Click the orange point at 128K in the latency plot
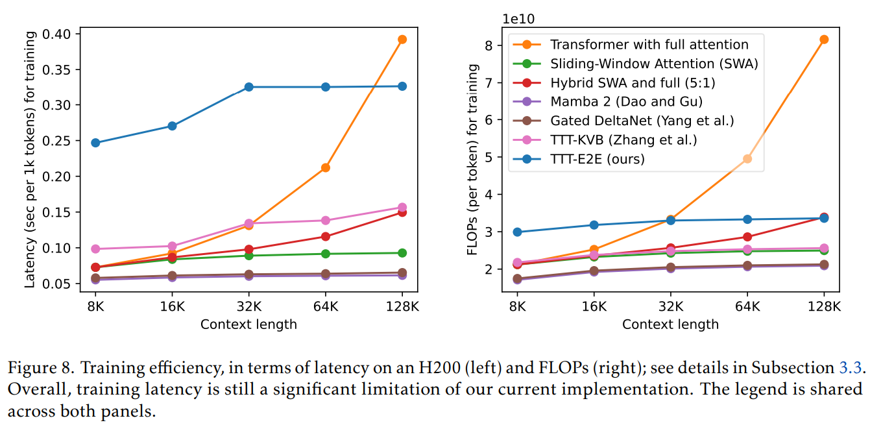point(402,40)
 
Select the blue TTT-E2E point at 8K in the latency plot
point(95,143)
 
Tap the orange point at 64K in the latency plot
point(326,167)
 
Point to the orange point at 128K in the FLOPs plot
point(824,40)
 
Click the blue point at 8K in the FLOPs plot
point(517,232)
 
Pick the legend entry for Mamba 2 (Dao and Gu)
point(626,101)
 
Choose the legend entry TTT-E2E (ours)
point(597,158)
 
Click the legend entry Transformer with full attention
point(649,44)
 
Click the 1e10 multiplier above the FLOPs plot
point(518,19)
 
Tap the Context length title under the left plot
point(248,324)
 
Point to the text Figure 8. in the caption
point(40,369)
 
